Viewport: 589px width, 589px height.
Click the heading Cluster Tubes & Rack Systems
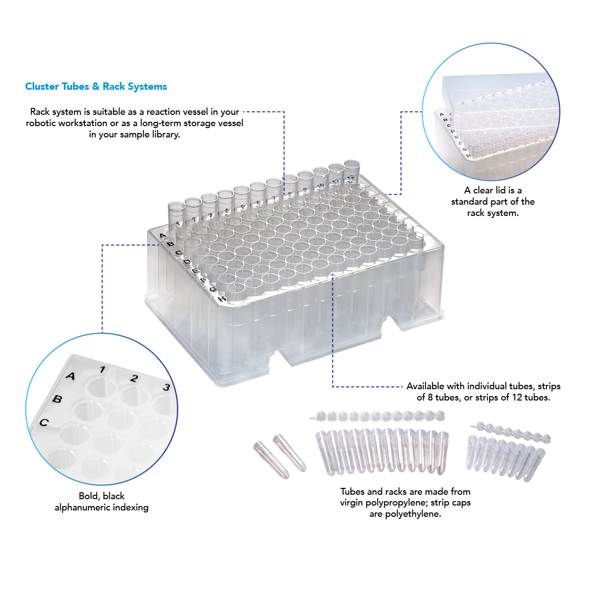(x=96, y=86)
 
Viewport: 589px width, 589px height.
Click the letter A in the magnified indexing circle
(x=71, y=375)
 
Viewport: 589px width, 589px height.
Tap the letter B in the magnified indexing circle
(x=57, y=399)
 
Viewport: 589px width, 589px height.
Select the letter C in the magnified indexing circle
(x=44, y=423)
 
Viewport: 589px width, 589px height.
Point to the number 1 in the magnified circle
(x=103, y=370)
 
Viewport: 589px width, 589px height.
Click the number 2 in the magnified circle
(x=134, y=378)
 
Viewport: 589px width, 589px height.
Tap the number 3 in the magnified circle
(x=166, y=387)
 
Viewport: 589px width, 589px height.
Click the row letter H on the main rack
(x=222, y=298)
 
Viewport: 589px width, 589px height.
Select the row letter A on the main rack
(x=162, y=236)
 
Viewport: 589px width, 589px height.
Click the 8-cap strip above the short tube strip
(x=510, y=432)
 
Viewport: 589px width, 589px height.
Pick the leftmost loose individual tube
(x=271, y=460)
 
